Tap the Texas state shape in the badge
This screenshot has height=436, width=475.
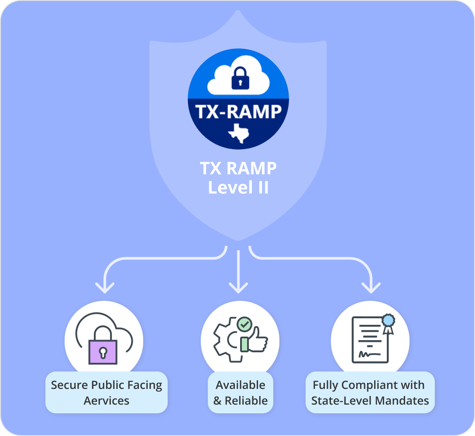(238, 133)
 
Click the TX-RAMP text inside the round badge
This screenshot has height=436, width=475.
(238, 111)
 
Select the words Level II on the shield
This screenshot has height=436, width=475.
(238, 187)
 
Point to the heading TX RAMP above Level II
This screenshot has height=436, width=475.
(238, 168)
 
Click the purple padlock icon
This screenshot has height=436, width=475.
(103, 351)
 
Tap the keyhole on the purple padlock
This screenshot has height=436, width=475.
(103, 352)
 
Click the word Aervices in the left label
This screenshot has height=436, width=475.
(107, 401)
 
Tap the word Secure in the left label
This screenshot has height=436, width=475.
(69, 385)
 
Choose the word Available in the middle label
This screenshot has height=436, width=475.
(241, 385)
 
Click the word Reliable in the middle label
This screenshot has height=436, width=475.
(246, 401)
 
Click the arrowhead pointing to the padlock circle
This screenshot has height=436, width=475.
(104, 288)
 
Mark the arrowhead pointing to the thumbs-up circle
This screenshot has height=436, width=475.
(238, 288)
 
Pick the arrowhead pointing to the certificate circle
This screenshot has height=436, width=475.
(371, 288)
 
